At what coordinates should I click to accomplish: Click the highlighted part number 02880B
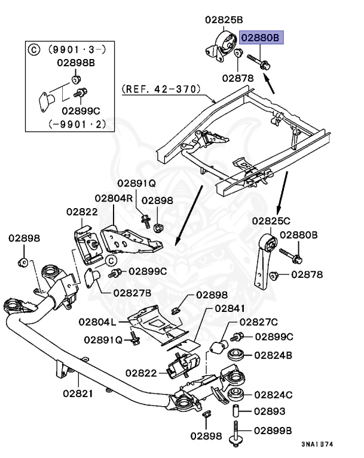[x=261, y=39]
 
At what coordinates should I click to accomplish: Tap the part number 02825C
[x=271, y=221]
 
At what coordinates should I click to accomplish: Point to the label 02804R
[x=114, y=198]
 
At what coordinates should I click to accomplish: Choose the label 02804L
[x=98, y=322]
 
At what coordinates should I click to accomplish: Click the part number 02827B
[x=132, y=292]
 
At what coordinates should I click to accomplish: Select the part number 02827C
[x=259, y=322]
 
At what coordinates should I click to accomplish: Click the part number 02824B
[x=273, y=355]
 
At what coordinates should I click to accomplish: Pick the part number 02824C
[x=273, y=394]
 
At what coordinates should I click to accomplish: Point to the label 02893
[x=270, y=411]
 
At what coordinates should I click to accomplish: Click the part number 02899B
[x=273, y=430]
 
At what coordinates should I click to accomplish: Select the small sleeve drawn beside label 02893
[x=235, y=411]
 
